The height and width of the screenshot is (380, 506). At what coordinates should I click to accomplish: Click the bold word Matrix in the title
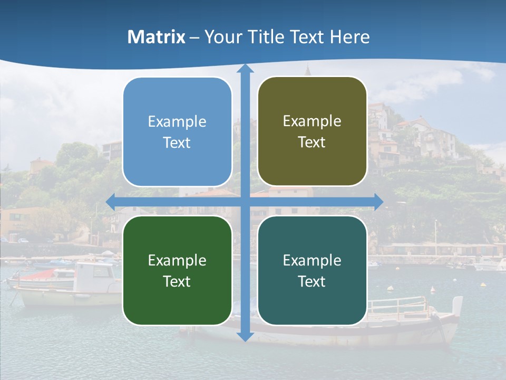157,37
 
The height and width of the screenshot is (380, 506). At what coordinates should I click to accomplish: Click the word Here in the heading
349,37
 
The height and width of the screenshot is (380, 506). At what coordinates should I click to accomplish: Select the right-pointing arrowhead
378,201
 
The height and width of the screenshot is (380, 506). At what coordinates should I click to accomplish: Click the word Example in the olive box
312,121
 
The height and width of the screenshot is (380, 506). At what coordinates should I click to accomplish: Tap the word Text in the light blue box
177,142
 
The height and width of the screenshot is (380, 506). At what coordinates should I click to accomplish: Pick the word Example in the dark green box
177,260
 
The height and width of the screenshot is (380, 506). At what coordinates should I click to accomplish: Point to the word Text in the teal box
312,281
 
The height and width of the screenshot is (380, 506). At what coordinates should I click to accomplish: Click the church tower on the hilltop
307,70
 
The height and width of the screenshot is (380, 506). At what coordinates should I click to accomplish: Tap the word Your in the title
222,37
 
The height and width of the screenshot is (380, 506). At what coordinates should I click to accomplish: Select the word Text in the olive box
312,142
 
